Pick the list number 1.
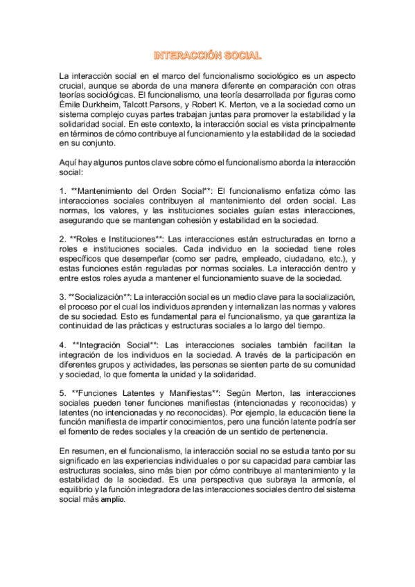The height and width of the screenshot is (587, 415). click(x=62, y=190)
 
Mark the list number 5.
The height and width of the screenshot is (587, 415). click(x=62, y=392)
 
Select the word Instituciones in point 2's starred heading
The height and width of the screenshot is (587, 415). click(x=129, y=238)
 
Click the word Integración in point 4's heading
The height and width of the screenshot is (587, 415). click(x=104, y=344)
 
